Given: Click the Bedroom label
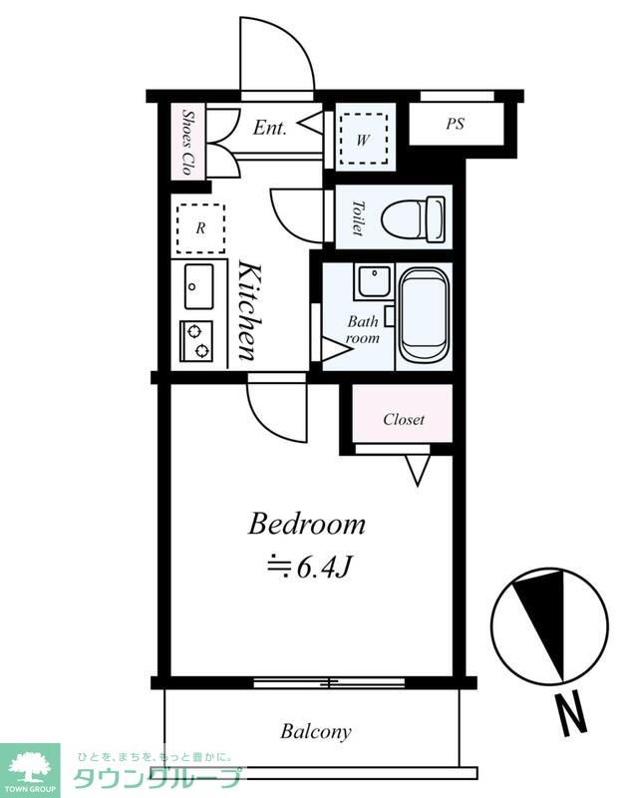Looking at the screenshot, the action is pos(307,524).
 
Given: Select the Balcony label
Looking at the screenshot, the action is pos(316,732).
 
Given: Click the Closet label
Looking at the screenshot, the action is pos(404,419).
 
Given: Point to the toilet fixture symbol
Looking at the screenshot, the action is pos(413,217).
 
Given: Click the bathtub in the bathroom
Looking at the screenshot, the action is pos(424,314).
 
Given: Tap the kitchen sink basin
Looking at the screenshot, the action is pos(198,286).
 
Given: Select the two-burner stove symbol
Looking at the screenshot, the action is pos(196,341).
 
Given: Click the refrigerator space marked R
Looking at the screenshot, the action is pos(200,228).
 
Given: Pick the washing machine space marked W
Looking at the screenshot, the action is pos(363,139).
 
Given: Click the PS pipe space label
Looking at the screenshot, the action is pos(456,124).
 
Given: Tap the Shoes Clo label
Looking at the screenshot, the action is pos(187,143).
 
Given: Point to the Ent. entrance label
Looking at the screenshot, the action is pos(269,128).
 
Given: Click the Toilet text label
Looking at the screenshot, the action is pos(359,217).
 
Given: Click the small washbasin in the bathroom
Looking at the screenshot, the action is pos(374,282).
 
